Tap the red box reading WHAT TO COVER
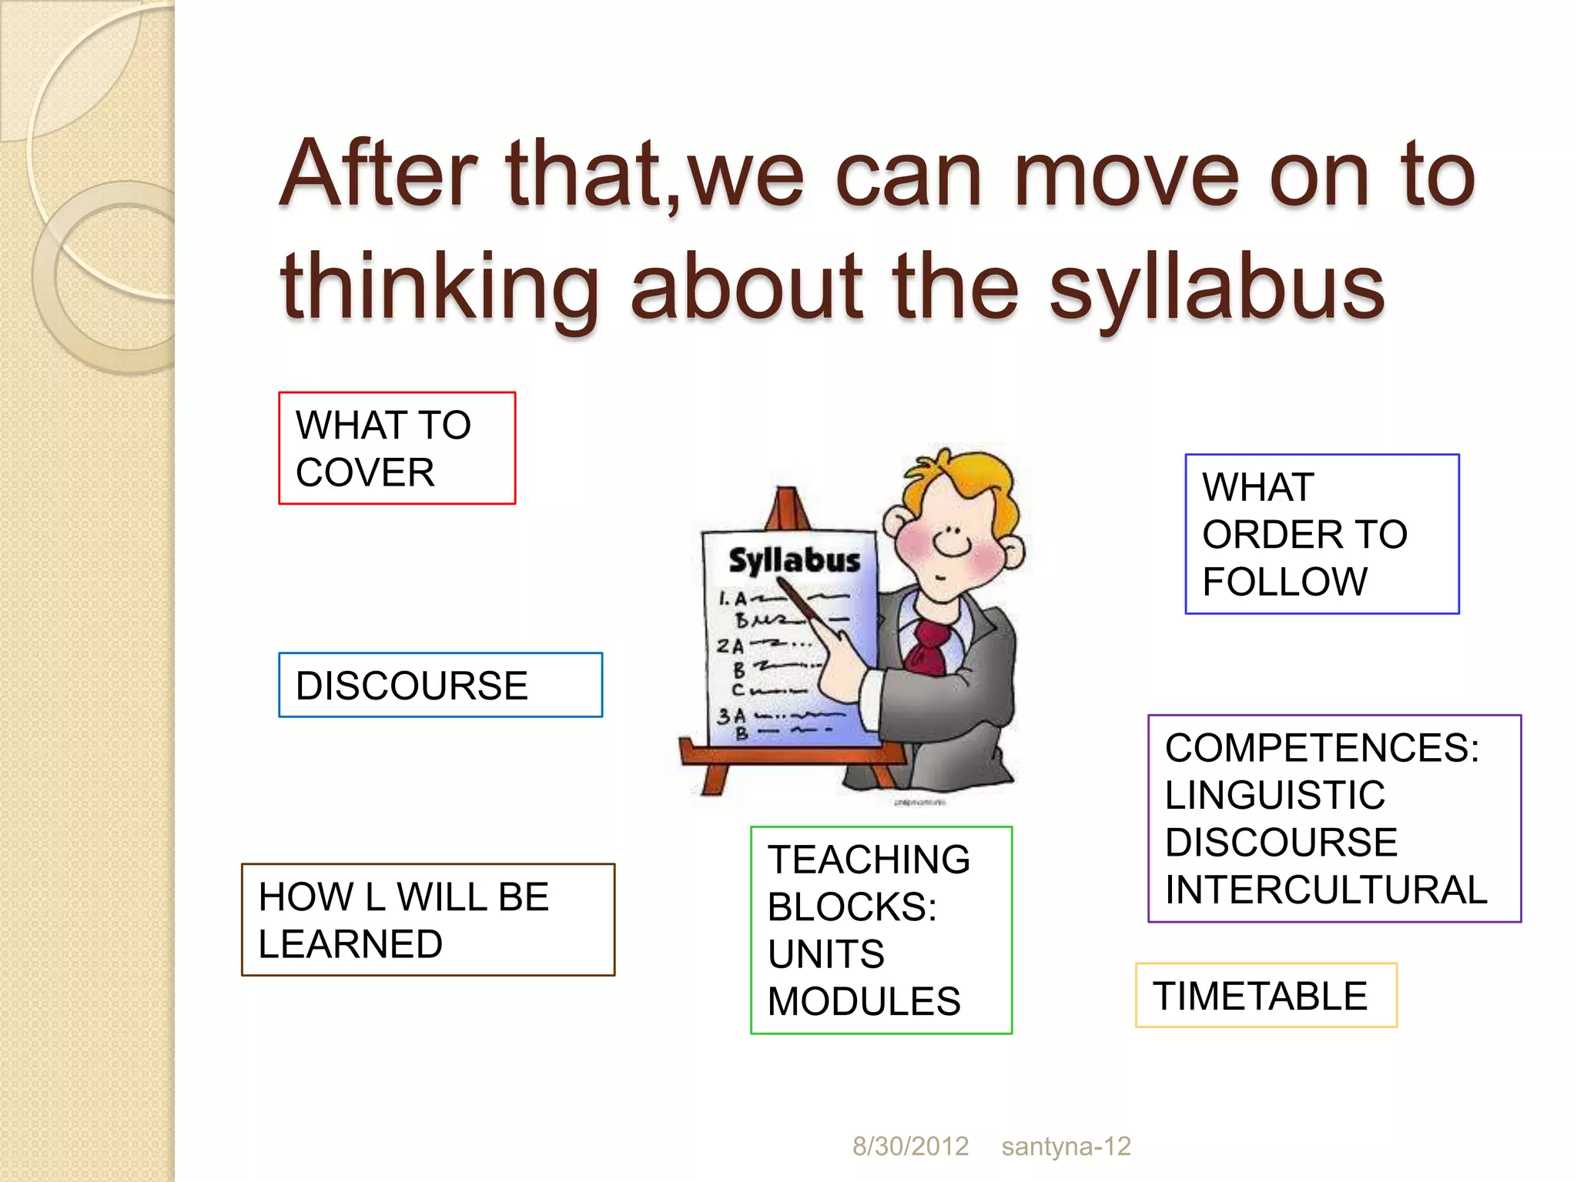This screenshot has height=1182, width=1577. (397, 448)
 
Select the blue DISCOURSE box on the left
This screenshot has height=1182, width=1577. (440, 685)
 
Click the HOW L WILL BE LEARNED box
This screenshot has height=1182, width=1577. (427, 920)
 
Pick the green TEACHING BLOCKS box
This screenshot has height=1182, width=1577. (881, 930)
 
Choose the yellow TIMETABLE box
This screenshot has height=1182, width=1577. (1265, 995)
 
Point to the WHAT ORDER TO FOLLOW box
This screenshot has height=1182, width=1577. (1321, 534)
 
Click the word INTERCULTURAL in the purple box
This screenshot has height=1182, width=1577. (1326, 890)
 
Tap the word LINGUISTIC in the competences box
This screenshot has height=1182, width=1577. (1274, 795)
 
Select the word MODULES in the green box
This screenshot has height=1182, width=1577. (864, 1001)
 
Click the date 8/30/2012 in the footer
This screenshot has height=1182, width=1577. (910, 1146)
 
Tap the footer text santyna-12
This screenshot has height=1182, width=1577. (1066, 1146)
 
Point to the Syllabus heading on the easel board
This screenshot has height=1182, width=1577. (794, 560)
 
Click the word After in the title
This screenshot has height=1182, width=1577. (378, 175)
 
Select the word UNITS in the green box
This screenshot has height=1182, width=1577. (825, 954)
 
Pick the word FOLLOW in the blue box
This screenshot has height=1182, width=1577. (1284, 582)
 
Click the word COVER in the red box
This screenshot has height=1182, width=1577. (365, 472)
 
